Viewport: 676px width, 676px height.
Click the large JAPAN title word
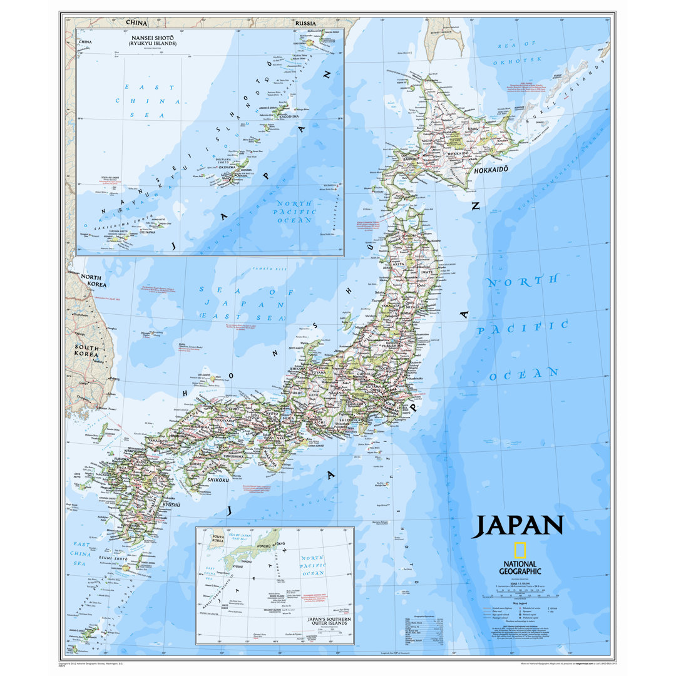[x=517, y=526]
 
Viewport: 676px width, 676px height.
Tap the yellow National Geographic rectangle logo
[x=520, y=550]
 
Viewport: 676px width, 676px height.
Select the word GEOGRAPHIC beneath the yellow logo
[x=520, y=571]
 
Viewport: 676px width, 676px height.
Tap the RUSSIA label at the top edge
[x=306, y=23]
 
